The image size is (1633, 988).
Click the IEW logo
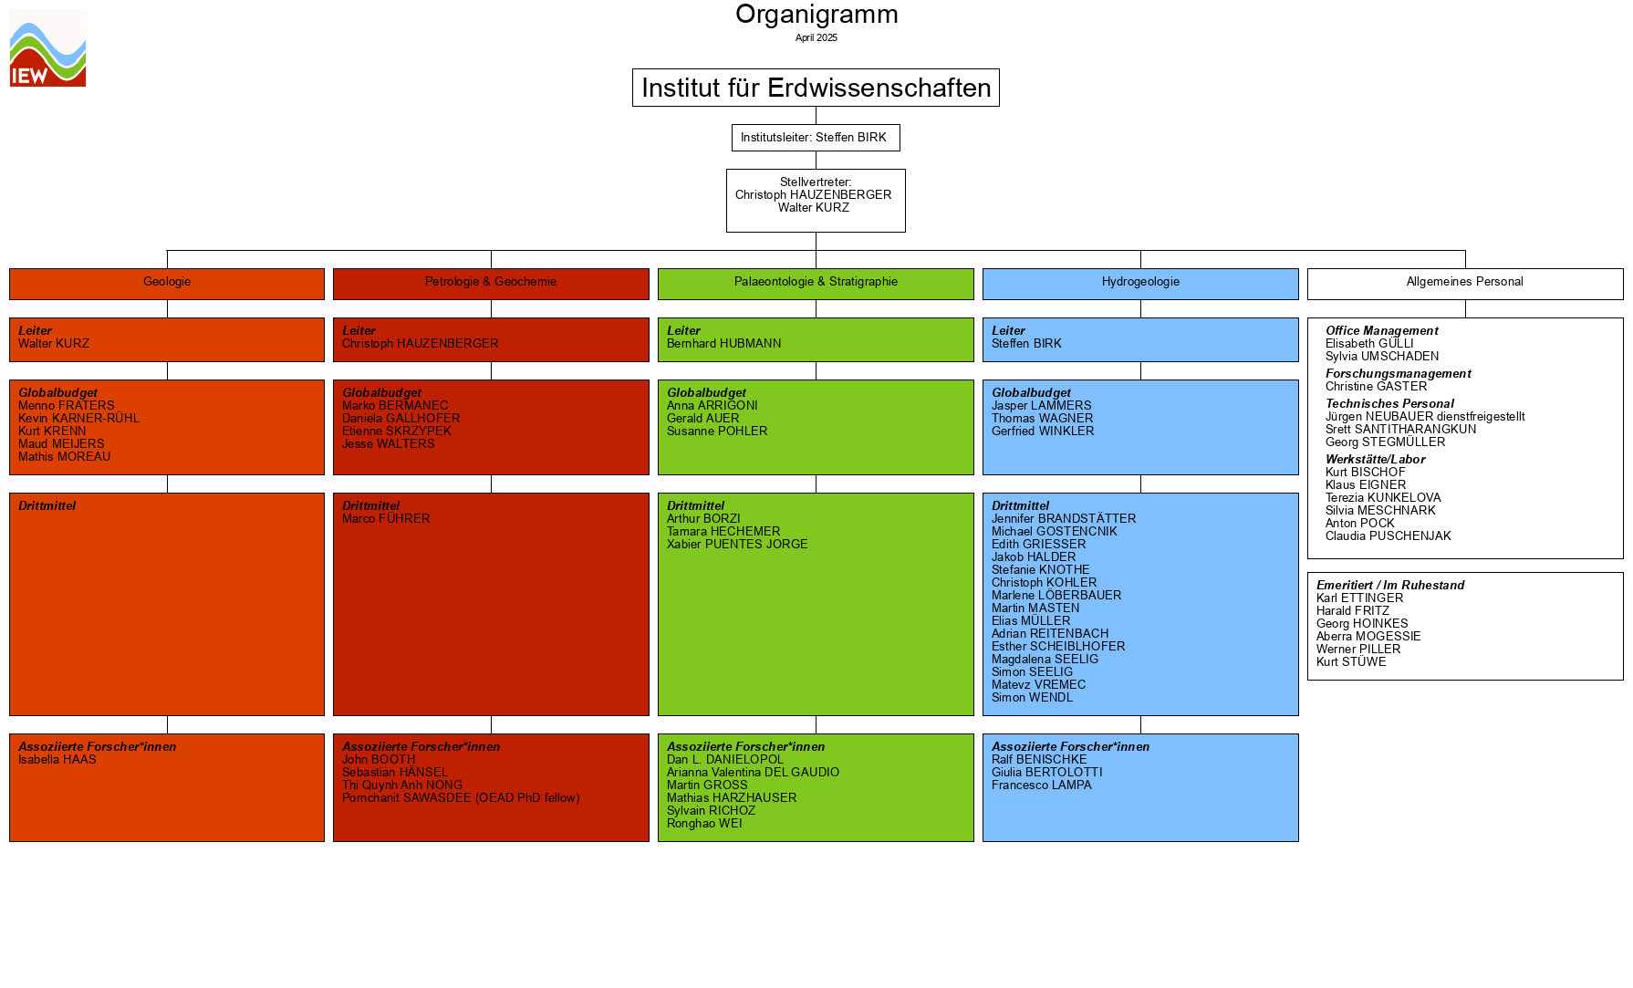47,48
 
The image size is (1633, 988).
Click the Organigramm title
816,15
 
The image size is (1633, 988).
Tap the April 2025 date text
816,38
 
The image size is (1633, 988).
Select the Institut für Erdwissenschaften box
816,88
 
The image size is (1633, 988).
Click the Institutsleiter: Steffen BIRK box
816,138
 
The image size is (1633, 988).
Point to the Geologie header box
167,283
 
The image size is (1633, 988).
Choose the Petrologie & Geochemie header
491,283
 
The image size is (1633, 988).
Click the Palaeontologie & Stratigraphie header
816,283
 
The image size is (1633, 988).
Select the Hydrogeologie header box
1140,283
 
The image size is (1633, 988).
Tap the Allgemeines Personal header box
1464,283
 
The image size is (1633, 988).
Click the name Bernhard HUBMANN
723,344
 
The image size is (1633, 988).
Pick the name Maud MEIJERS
61,444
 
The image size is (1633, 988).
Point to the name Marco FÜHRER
386,519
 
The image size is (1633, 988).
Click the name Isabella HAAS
57,760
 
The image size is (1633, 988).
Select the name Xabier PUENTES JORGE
737,545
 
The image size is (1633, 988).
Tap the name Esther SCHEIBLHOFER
1058,647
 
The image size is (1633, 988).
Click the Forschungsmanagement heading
1398,374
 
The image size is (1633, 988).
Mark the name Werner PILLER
1357,650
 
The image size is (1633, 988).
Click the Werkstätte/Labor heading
1375,460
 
